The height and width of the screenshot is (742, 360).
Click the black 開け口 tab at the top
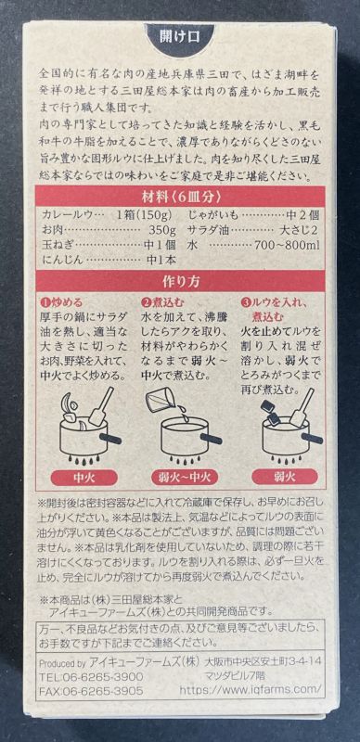(x=179, y=39)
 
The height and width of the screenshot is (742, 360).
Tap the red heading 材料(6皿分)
(x=179, y=198)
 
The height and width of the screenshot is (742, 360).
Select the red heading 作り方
(x=179, y=283)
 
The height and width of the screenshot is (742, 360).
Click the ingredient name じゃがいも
(x=215, y=214)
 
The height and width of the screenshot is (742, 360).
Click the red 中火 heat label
(x=80, y=479)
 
